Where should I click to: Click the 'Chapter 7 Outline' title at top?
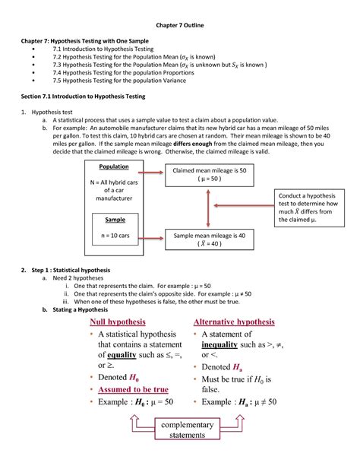[180, 27]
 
